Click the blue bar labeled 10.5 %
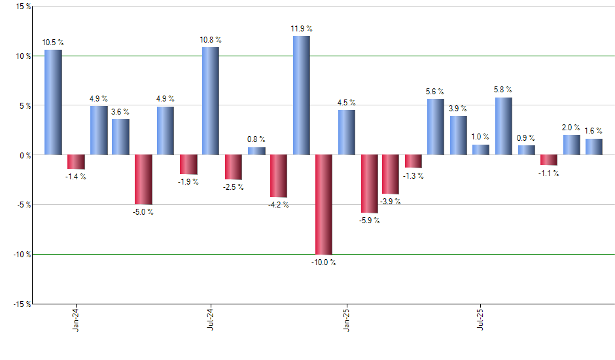point(53,102)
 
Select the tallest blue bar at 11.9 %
point(301,96)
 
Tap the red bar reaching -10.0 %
point(324,204)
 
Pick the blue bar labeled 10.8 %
point(211,101)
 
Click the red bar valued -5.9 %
point(369,184)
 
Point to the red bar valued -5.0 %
point(143,179)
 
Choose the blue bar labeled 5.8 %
point(503,126)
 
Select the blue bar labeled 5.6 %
point(436,127)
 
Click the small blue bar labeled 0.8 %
point(256,151)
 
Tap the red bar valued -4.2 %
point(279,175)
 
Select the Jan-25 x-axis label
point(346,320)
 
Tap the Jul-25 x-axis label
point(481,320)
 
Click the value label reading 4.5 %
point(347,103)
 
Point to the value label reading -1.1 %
point(548,173)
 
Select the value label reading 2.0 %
point(571,128)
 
